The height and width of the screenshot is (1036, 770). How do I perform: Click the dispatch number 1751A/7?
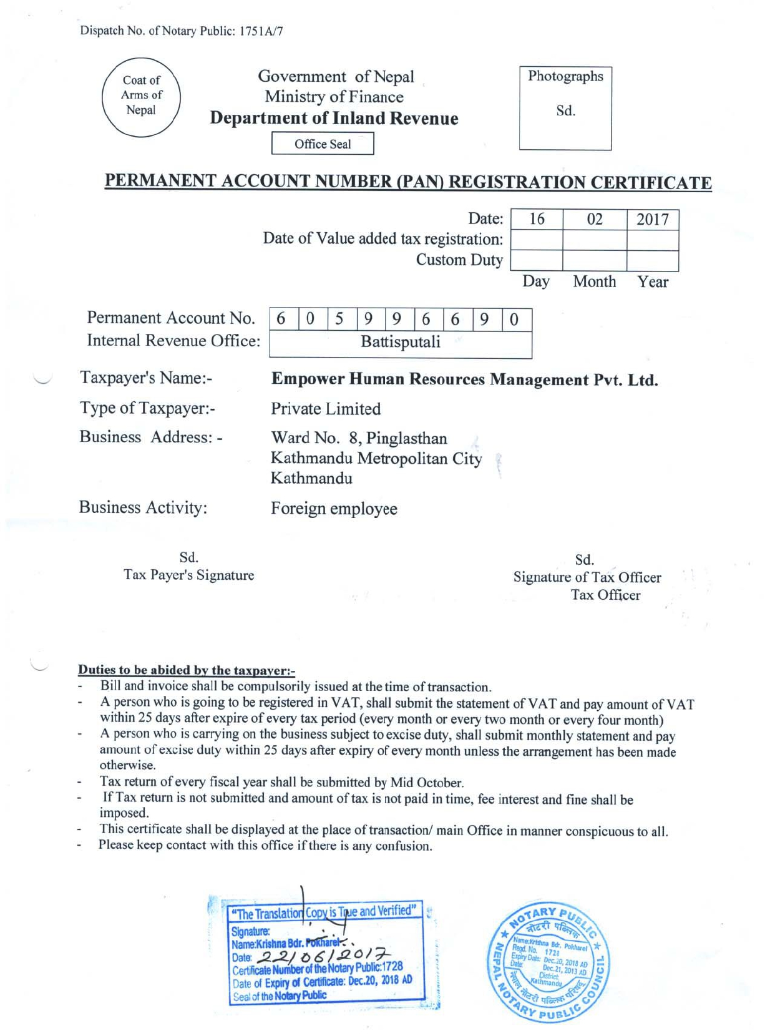pyautogui.click(x=261, y=31)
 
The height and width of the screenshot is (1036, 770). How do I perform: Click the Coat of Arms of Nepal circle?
pyautogui.click(x=142, y=97)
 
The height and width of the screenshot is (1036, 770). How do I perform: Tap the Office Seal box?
pyautogui.click(x=323, y=144)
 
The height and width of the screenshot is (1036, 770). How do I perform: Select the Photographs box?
pyautogui.click(x=565, y=108)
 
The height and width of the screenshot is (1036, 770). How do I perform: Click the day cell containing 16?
pyautogui.click(x=537, y=219)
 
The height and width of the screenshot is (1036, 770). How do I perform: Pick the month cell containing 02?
pyautogui.click(x=595, y=219)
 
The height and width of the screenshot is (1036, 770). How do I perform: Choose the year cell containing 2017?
pyautogui.click(x=653, y=219)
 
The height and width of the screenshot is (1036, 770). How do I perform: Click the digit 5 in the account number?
pyautogui.click(x=339, y=319)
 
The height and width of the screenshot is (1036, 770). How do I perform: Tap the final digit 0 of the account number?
pyautogui.click(x=514, y=320)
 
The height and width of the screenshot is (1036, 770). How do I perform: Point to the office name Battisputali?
pyautogui.click(x=401, y=342)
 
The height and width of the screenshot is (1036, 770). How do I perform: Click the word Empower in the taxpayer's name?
pyautogui.click(x=308, y=379)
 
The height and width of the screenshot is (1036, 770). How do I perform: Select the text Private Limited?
pyautogui.click(x=326, y=409)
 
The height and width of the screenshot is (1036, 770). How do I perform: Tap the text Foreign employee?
pyautogui.click(x=334, y=509)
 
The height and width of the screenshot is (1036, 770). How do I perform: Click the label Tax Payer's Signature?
pyautogui.click(x=188, y=575)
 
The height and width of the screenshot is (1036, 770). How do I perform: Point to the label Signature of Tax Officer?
pyautogui.click(x=587, y=577)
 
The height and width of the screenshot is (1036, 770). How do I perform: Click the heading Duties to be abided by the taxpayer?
pyautogui.click(x=186, y=670)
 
